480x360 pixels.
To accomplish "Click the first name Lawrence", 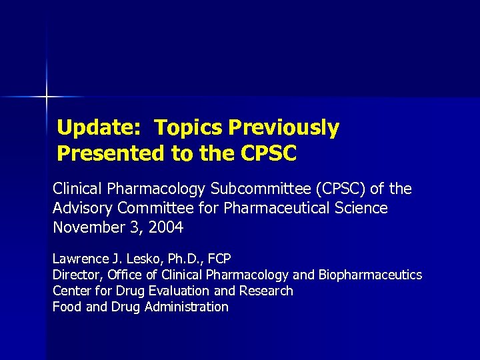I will (x=80, y=258).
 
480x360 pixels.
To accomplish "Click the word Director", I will (x=75, y=275).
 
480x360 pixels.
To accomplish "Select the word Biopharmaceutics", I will (x=370, y=275).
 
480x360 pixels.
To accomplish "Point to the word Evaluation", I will (x=181, y=291).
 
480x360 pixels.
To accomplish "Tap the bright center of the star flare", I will (x=47, y=97).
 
